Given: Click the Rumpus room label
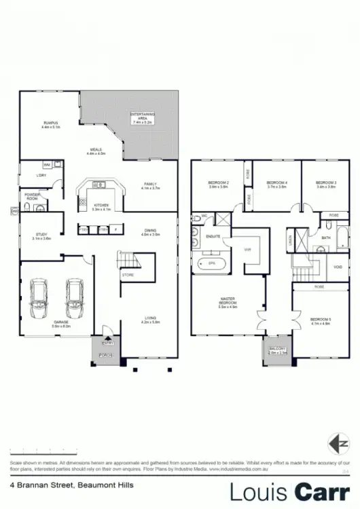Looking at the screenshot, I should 51,124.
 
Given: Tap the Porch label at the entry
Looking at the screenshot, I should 105,355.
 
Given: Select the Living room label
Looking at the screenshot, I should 150,320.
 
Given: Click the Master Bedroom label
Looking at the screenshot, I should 228,303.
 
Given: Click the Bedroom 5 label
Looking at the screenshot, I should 320,321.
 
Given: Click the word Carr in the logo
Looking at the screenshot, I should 321,491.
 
